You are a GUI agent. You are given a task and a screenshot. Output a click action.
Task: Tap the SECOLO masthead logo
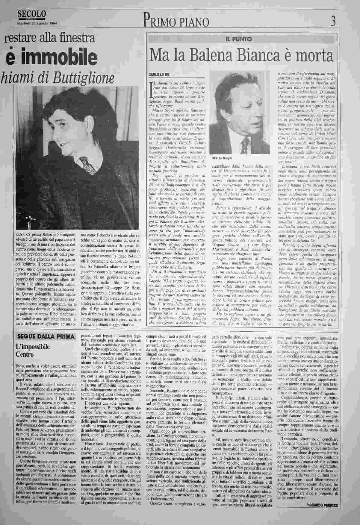pos(32,14)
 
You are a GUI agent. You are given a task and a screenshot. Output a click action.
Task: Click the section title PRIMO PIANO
pos(176,21)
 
